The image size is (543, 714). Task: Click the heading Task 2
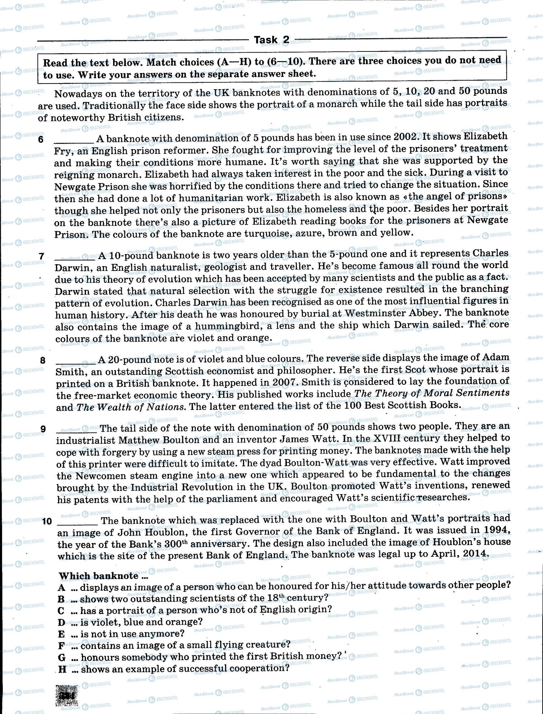[x=271, y=40]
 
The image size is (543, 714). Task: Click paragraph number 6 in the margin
[x=41, y=140]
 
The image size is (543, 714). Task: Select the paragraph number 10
[x=47, y=521]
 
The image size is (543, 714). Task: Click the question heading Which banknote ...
[x=99, y=575]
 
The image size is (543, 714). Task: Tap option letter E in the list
[x=62, y=634]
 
